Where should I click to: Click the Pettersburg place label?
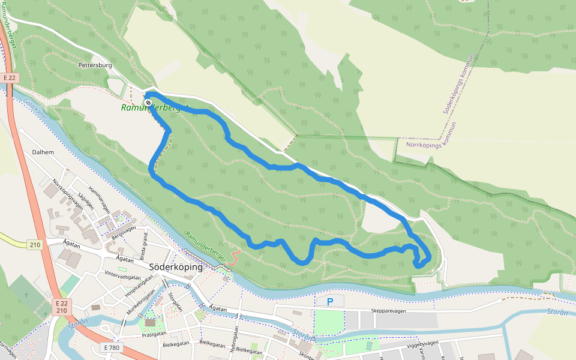[x=95, y=64]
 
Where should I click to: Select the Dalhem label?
[x=43, y=152]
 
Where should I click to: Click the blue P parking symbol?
[x=329, y=301]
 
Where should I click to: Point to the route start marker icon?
[x=148, y=103]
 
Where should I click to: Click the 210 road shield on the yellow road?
[x=35, y=244]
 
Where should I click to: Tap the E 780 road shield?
[x=112, y=347]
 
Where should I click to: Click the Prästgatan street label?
[x=154, y=335]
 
